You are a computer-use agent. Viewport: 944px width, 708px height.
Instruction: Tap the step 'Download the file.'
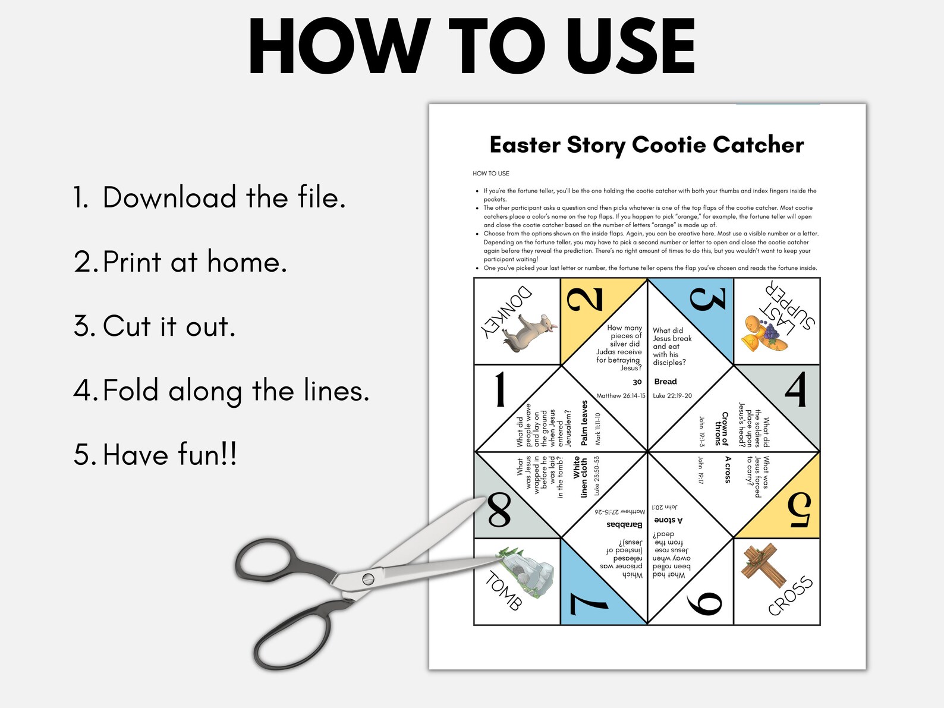pyautogui.click(x=209, y=197)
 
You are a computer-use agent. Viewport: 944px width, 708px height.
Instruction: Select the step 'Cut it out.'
pyautogui.click(x=155, y=326)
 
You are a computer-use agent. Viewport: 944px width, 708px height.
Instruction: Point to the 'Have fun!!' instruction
pyautogui.click(x=156, y=455)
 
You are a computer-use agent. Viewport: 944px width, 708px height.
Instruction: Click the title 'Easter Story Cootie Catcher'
pyautogui.click(x=646, y=144)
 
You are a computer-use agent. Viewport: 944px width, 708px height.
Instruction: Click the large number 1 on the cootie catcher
pyautogui.click(x=500, y=389)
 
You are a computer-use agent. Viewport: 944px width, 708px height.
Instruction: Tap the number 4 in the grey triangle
pyautogui.click(x=795, y=389)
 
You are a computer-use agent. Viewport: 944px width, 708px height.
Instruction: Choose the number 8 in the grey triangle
pyautogui.click(x=499, y=511)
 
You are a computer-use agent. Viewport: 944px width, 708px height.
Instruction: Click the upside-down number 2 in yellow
pyautogui.click(x=586, y=299)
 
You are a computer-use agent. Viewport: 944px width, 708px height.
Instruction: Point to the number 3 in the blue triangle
pyautogui.click(x=707, y=299)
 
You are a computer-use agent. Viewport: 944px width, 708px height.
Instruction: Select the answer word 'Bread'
pyautogui.click(x=665, y=382)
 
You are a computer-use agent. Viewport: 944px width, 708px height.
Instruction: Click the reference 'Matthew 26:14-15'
pyautogui.click(x=621, y=396)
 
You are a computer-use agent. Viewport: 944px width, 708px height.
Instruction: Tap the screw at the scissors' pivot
pyautogui.click(x=368, y=578)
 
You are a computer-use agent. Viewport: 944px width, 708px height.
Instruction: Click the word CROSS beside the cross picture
pyautogui.click(x=790, y=596)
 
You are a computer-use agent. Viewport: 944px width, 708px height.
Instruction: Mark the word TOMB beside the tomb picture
pyautogui.click(x=504, y=590)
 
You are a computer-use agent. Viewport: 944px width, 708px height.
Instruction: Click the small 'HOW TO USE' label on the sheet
pyautogui.click(x=490, y=174)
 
